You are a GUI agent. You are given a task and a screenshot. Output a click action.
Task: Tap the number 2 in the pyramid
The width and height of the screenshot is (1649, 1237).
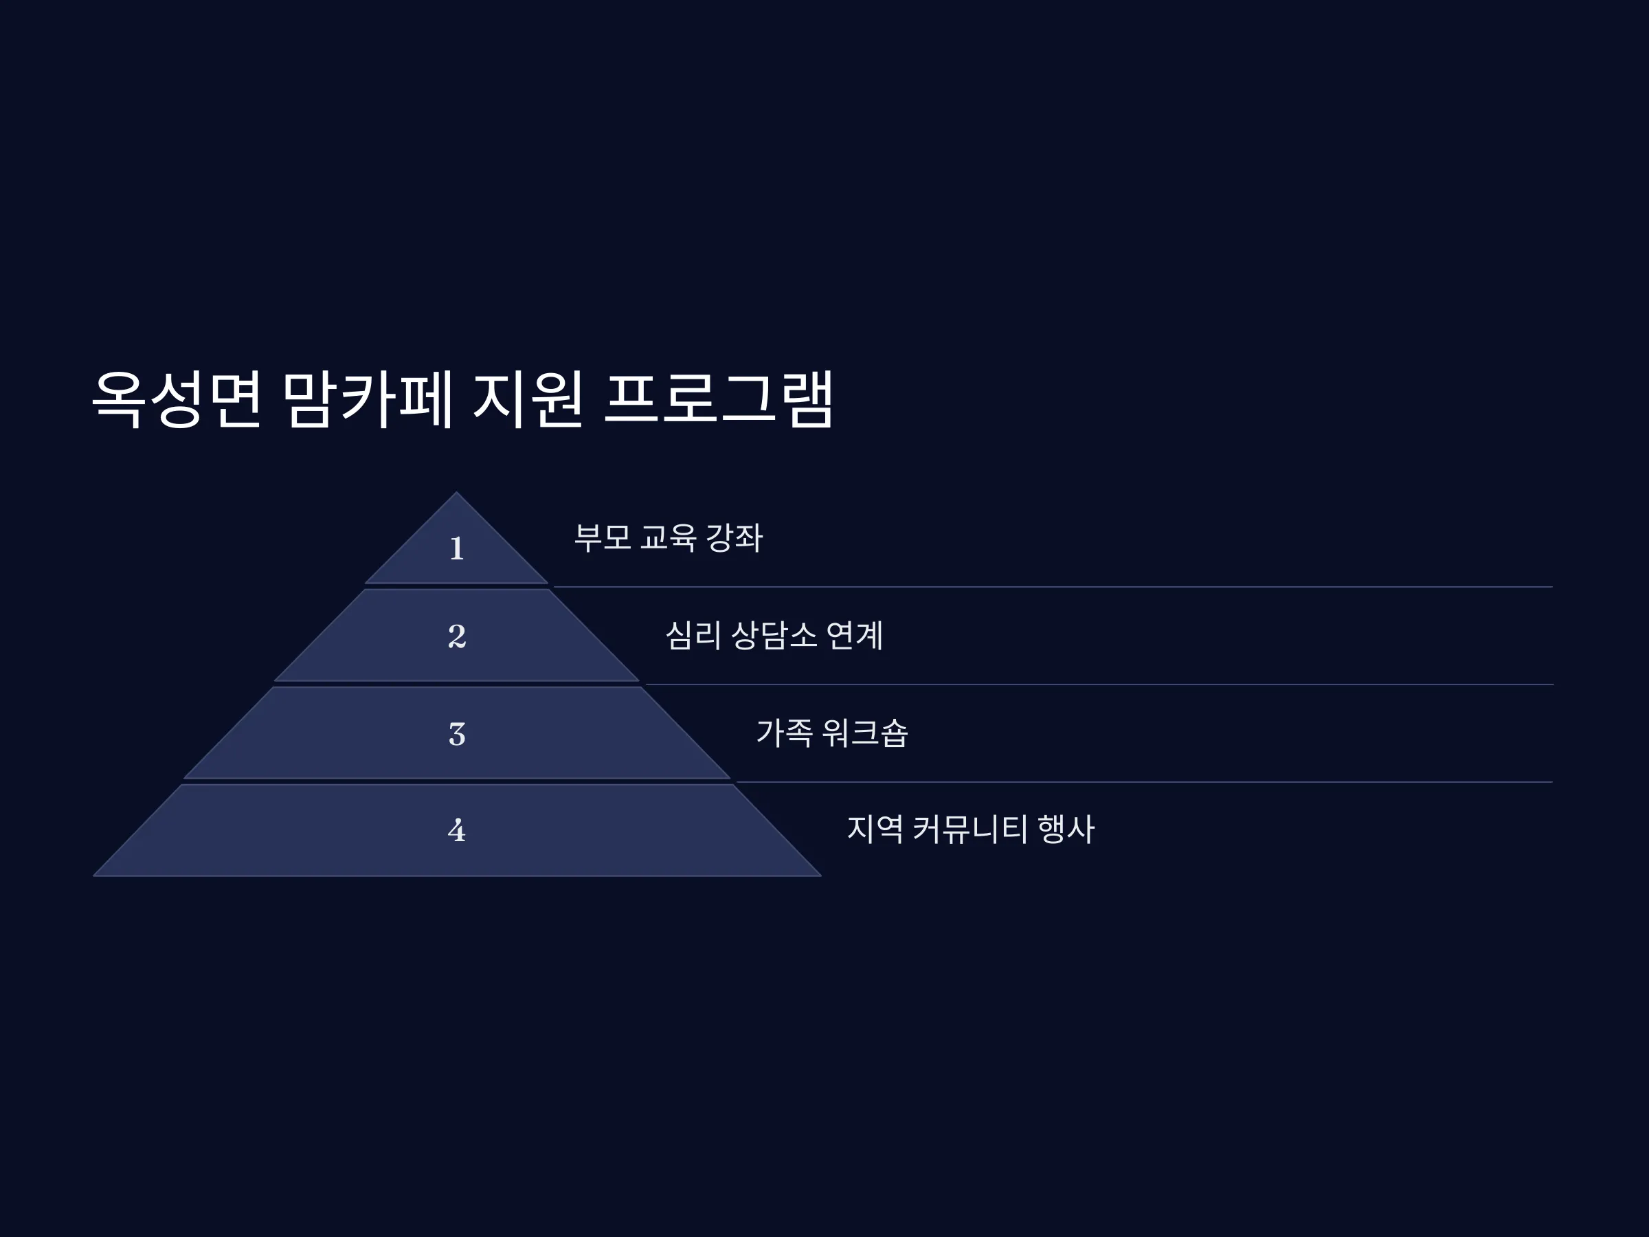(x=457, y=636)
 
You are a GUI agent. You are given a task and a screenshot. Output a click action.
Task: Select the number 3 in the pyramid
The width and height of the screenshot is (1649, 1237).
(x=457, y=734)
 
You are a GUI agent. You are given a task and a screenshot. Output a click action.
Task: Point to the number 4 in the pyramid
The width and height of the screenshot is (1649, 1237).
(x=457, y=830)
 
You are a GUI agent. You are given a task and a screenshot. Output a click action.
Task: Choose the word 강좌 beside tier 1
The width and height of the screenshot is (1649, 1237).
(x=734, y=537)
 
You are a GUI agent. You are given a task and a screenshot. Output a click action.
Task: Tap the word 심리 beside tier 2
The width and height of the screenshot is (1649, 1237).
(x=693, y=635)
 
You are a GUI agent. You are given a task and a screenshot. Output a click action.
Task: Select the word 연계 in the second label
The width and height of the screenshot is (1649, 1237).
(x=855, y=635)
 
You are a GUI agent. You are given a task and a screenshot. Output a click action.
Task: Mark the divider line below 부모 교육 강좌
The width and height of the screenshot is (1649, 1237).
(x=1053, y=587)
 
